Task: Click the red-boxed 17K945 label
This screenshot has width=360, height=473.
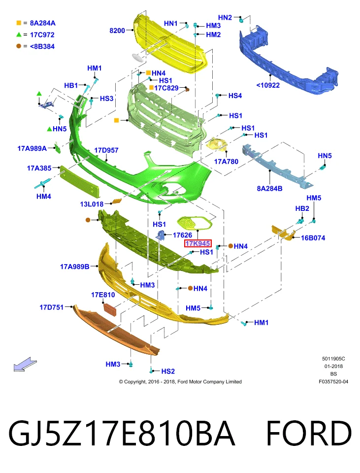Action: point(198,243)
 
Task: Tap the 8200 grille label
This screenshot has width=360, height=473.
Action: point(117,31)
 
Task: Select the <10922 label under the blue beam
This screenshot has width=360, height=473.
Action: point(268,85)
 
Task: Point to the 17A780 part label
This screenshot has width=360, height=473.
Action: point(226,162)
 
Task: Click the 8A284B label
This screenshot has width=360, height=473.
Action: point(269,189)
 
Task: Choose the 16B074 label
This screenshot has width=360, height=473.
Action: point(313,238)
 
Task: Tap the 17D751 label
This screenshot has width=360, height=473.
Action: point(52,307)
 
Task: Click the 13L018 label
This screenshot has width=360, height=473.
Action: point(92,204)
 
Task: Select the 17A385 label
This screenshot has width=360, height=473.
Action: point(39,168)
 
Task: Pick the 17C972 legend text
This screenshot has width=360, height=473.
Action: point(42,34)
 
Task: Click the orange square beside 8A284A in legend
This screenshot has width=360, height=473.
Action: point(19,23)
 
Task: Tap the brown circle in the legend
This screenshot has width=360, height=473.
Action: point(19,46)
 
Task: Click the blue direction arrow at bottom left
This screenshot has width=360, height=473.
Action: point(25,364)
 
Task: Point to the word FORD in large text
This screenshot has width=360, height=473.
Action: point(309,433)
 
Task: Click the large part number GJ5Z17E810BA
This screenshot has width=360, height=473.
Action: point(122,433)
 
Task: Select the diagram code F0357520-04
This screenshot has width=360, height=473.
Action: point(333,381)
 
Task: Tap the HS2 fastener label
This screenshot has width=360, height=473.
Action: point(168,372)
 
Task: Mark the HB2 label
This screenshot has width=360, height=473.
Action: point(302,209)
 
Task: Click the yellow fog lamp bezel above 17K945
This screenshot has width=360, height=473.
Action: point(195,223)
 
